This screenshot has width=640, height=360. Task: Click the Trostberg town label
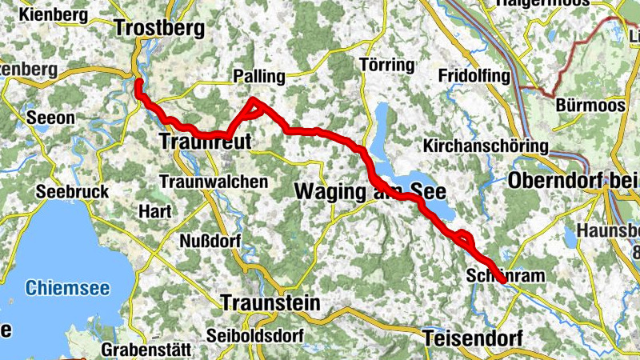[x=160, y=28]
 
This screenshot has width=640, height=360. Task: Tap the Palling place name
[x=258, y=77]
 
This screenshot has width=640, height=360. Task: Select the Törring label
[x=387, y=65]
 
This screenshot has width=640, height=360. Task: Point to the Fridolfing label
[x=474, y=76]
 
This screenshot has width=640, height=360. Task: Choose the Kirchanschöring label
[x=486, y=146]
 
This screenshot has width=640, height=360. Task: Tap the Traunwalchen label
[x=214, y=182]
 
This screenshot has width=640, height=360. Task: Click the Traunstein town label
[x=270, y=303]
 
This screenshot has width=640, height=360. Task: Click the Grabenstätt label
[x=146, y=350]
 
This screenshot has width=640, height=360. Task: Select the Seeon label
[x=51, y=118]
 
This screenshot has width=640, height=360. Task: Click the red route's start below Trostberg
[x=138, y=82]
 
